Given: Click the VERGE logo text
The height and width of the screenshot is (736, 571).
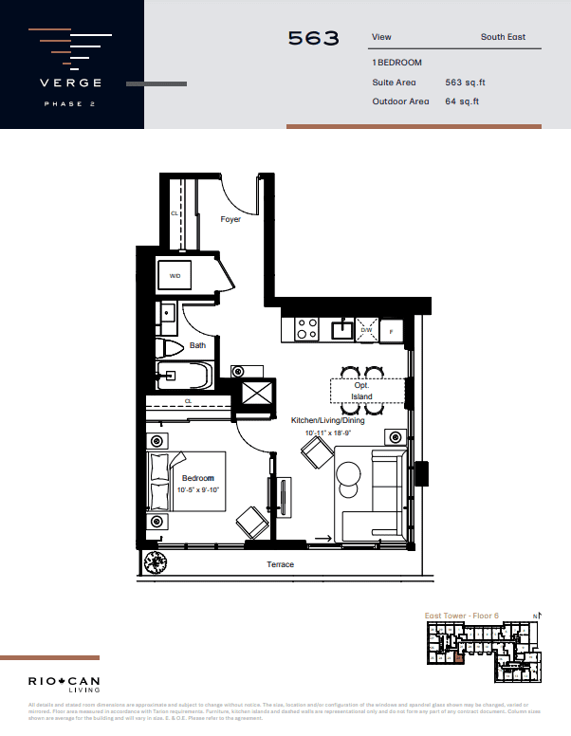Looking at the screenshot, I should tap(71, 83).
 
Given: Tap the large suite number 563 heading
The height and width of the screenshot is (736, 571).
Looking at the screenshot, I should tap(313, 39).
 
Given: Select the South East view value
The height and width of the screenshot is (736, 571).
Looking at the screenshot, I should tap(503, 38).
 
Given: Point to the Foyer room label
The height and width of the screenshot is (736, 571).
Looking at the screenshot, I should tap(230, 219).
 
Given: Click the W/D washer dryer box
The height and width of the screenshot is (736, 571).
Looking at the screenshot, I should tap(175, 275).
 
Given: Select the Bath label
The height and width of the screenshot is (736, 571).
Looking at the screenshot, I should tap(197, 345).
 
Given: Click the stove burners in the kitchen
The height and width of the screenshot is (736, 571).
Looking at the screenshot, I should tap(306, 328).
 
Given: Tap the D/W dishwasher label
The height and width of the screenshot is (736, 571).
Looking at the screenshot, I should tap(366, 330).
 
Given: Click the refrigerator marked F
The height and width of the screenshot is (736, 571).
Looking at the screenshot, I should tap(391, 330).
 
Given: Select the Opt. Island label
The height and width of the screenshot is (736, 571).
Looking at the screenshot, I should tap(362, 391).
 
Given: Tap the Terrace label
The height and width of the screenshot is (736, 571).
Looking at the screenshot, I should tap(280, 564).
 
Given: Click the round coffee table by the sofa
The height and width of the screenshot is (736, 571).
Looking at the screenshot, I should tap(348, 473).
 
